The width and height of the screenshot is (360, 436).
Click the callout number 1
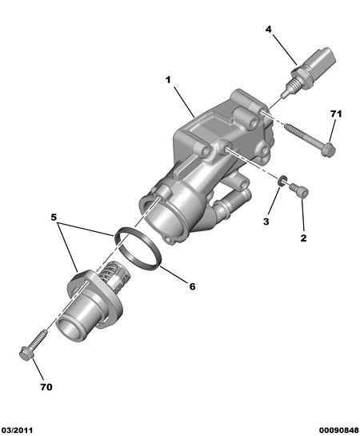pyautogui.click(x=168, y=80)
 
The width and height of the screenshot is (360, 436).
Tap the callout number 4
pyautogui.click(x=268, y=29)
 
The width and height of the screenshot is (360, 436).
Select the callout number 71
pyautogui.click(x=336, y=114)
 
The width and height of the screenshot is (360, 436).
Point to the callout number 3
pyautogui.click(x=266, y=222)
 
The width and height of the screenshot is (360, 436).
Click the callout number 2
pyautogui.click(x=303, y=238)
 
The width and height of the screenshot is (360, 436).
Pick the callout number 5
pyautogui.click(x=54, y=217)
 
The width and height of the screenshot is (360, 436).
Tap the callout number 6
pyautogui.click(x=192, y=286)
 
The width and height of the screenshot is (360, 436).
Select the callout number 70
pyautogui.click(x=46, y=386)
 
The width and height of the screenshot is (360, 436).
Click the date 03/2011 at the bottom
pyautogui.click(x=16, y=430)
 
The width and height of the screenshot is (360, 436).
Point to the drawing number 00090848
pyautogui.click(x=339, y=430)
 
